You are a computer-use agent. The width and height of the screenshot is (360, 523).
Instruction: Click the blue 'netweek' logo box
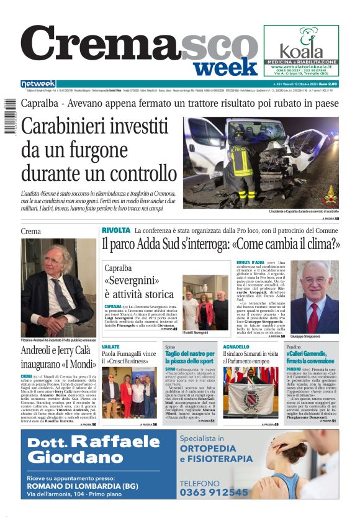[38, 83]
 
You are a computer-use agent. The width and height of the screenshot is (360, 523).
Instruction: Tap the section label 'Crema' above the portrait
[30, 231]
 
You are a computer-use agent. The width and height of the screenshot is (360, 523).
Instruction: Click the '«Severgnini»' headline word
[131, 281]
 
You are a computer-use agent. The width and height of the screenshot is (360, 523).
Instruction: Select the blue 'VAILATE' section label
[111, 347]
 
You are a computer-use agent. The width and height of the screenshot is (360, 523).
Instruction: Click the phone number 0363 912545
[214, 492]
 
